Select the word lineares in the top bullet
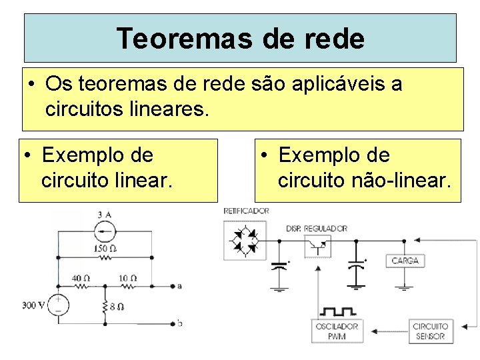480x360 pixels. coord(167,108)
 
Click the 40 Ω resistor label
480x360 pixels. coord(82,277)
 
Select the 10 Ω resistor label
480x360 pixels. coord(128,277)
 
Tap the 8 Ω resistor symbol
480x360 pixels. coord(105,307)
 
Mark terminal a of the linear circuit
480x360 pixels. coord(179,286)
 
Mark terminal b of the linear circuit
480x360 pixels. coord(179,323)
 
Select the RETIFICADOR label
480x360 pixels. coord(246,211)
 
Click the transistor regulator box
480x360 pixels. coord(317,246)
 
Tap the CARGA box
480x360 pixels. coord(405,260)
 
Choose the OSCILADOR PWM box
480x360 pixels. coord(337,331)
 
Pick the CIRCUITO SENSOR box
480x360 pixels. coord(429,331)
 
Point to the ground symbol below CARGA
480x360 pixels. coord(405,288)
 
